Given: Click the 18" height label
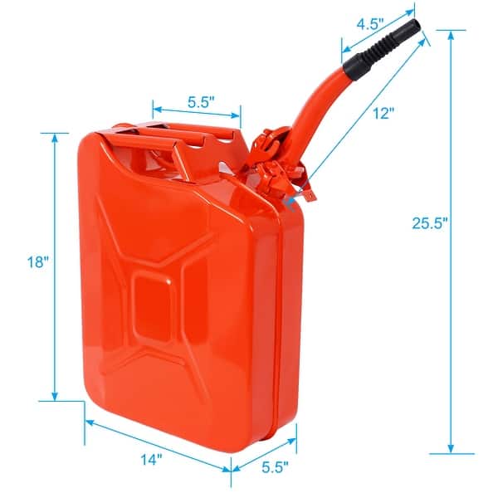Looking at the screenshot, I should point(38,261).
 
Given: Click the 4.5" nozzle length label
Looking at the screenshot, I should point(369,23).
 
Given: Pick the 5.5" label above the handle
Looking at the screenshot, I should point(201,103).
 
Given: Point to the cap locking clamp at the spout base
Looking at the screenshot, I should point(278,170).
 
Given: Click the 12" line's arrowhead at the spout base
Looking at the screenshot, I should point(288,200).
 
